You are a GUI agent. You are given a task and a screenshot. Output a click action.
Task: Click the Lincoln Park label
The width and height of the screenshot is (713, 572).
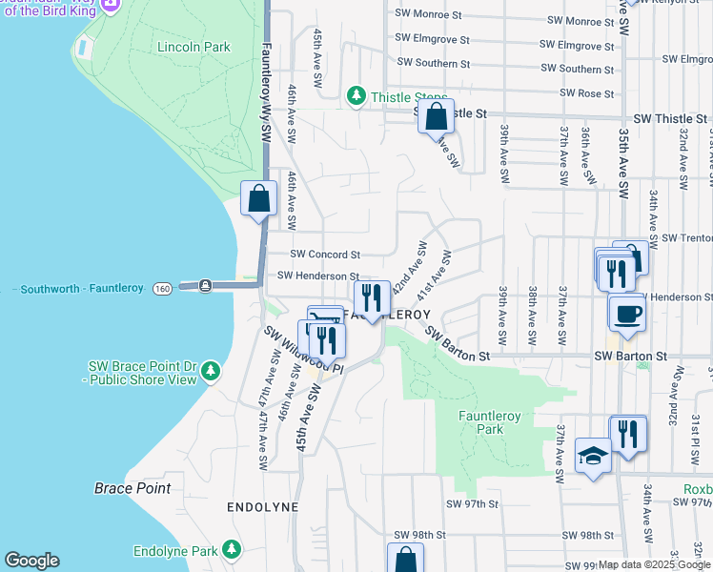[194, 46]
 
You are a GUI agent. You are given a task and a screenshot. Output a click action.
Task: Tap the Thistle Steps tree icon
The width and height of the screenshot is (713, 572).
[356, 95]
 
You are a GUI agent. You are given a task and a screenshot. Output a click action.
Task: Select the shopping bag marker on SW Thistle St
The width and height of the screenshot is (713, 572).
[436, 117]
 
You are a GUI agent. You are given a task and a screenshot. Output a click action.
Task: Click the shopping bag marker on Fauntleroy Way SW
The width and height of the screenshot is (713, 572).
[258, 198]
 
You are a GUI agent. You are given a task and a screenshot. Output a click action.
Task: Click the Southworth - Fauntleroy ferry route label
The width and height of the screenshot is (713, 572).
[80, 287]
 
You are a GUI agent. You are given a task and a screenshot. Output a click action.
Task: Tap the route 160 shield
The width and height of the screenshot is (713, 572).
[162, 287]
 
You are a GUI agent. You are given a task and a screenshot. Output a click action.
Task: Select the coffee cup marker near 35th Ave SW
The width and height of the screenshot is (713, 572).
[627, 313]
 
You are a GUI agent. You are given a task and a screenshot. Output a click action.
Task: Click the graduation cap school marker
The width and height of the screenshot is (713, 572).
[593, 456]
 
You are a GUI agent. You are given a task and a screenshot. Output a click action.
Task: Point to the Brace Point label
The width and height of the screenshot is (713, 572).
[132, 488]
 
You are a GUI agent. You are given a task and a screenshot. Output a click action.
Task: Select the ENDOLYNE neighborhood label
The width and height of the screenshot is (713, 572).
[263, 507]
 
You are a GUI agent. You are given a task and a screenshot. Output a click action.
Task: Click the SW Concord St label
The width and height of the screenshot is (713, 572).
[325, 255]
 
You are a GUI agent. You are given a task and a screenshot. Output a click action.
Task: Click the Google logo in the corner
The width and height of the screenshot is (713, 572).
[31, 561]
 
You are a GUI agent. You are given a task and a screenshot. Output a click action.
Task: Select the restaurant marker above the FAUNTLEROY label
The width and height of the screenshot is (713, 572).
[372, 297]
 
